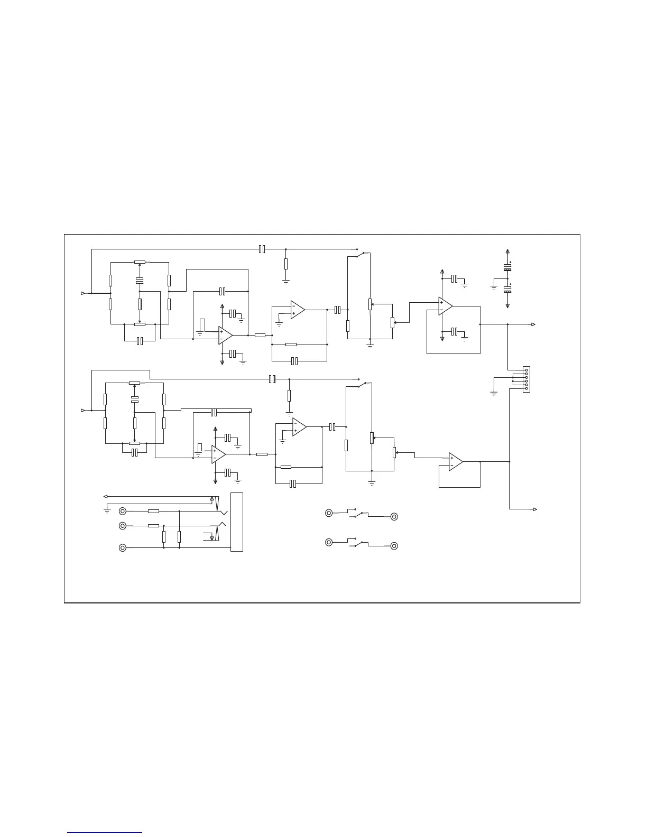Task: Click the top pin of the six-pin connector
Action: pos(526,370)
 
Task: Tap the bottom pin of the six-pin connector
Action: pos(526,389)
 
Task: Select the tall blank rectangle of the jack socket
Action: pos(237,522)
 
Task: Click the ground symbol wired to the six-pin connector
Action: pos(494,393)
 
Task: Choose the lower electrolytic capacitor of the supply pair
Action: pos(507,290)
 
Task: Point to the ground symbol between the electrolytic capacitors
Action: pos(494,288)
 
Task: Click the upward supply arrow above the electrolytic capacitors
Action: pos(507,252)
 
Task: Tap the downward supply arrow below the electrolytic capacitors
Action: pos(507,305)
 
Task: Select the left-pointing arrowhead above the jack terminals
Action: pos(105,497)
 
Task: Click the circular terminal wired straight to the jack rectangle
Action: pos(123,547)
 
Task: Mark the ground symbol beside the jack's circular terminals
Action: pos(107,511)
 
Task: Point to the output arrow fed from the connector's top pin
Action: pos(534,324)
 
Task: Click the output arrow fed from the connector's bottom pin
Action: pos(535,509)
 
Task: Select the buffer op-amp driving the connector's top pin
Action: pos(445,306)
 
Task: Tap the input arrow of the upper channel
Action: pos(82,293)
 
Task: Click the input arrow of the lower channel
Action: pos(82,410)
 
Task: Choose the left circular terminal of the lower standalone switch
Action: pos(329,542)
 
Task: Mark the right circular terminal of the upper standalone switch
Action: pos(394,517)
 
